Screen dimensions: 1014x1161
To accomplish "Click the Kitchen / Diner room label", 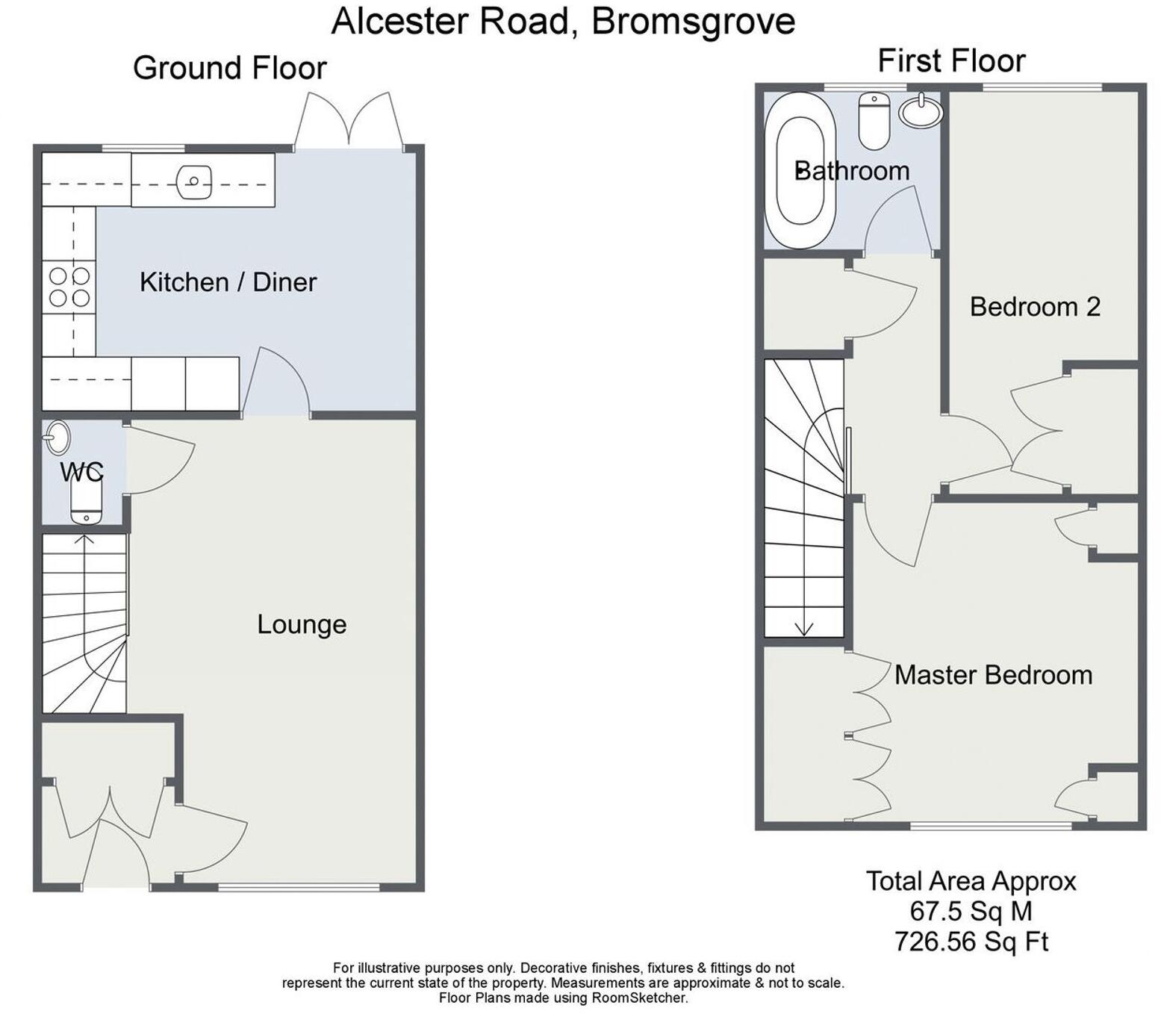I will click(x=228, y=282).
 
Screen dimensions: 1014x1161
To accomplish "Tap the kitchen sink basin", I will click(x=193, y=181).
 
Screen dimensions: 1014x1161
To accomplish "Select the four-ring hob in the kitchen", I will click(x=69, y=287).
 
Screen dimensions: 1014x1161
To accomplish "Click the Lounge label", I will click(x=302, y=624).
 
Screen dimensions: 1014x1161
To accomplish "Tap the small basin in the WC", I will click(x=57, y=438).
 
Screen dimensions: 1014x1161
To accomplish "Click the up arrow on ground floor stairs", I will click(x=84, y=539).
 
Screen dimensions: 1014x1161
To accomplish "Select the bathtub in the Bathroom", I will click(x=799, y=170).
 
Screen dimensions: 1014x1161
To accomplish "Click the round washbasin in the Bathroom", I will click(x=921, y=112).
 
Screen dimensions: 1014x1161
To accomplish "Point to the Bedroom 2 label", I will click(x=1035, y=307).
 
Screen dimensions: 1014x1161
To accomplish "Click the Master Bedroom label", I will click(x=993, y=675).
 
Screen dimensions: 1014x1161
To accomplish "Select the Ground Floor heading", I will click(x=229, y=68).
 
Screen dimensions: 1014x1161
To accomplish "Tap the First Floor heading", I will click(x=951, y=61).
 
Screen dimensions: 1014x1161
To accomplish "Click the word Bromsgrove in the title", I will click(x=693, y=21).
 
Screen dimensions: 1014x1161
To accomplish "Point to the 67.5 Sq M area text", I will click(x=971, y=911).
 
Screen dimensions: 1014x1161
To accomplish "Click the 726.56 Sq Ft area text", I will click(x=971, y=942).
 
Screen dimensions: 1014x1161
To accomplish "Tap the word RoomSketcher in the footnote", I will click(x=639, y=998).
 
